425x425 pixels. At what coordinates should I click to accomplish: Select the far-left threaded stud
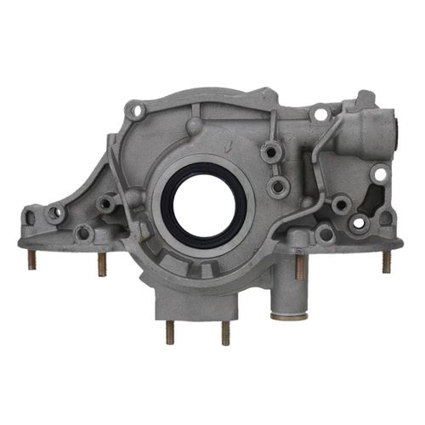pos(31,258)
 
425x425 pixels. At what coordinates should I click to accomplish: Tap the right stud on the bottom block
pos(225,331)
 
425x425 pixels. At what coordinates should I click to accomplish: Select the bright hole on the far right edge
pos(379,174)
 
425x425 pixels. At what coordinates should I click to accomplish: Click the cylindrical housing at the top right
pos(370,132)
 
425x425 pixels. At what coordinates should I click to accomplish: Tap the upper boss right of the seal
pos(272,153)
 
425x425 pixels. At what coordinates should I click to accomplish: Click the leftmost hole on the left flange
pos(55,213)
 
